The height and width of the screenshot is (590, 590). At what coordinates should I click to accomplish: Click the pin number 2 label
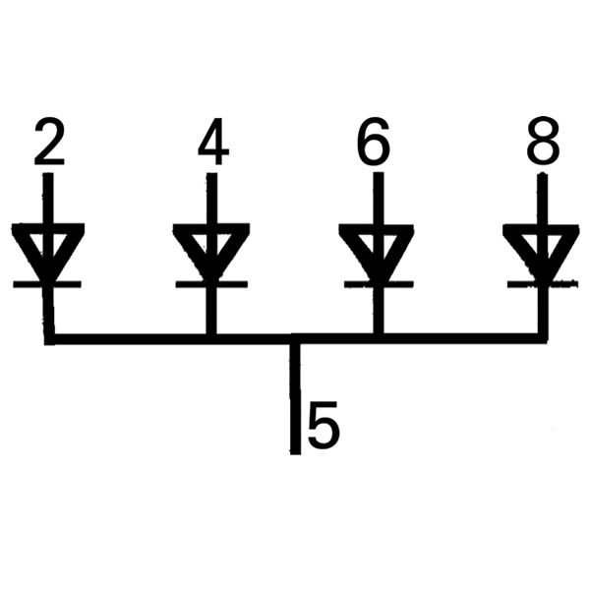pos(49,145)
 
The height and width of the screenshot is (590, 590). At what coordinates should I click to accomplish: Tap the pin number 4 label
pos(212,145)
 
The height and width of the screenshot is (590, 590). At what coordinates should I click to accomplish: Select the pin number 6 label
pos(374,145)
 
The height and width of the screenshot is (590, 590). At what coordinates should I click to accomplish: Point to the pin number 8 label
pos(543,145)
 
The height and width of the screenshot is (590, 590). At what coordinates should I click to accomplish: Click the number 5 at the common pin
pos(324,426)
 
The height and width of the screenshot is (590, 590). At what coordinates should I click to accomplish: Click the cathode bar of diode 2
pos(47,284)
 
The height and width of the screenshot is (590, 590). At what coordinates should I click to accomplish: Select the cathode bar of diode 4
pos(210,284)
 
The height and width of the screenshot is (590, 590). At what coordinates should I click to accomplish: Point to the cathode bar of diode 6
pos(377,284)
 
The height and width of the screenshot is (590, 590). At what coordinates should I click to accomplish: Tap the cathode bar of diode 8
pos(540,284)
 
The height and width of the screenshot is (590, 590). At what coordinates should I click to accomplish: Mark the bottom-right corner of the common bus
pos(541,339)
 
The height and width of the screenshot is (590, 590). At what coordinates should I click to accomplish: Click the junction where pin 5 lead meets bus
pos(295,340)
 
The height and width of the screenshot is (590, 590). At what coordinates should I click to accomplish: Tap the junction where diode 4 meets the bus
pos(210,339)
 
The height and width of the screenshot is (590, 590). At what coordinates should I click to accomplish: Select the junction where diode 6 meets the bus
pos(377,339)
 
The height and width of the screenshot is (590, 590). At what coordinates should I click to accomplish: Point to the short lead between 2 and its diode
pos(48,197)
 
